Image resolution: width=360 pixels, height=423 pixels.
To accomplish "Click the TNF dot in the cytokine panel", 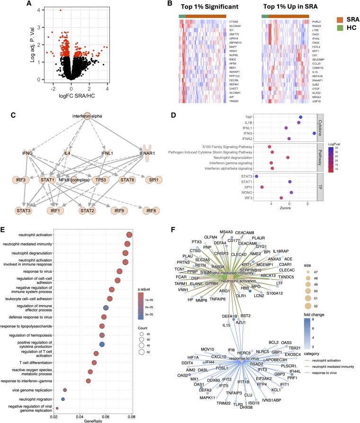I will pos(300,117).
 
